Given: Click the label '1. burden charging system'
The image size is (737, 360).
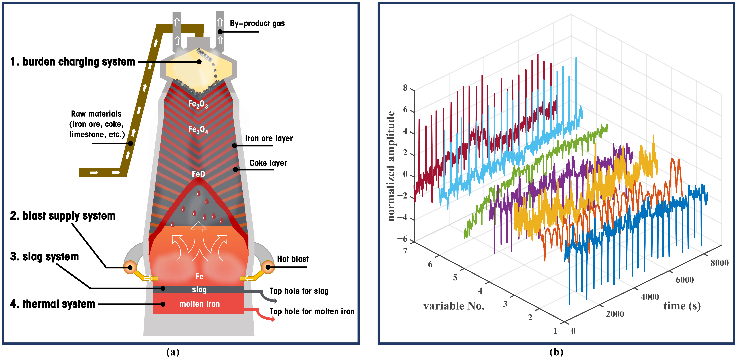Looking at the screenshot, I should point(73,62).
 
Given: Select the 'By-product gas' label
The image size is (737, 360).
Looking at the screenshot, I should point(257,24).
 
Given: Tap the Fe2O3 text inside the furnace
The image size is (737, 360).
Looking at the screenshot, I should point(198,104).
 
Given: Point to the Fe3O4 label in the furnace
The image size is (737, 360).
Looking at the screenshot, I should point(198,130).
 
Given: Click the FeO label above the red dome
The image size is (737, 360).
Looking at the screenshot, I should point(198,174).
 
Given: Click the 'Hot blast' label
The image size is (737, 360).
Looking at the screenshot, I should point(293,259).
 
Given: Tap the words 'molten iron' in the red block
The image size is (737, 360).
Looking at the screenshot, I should point(199,304).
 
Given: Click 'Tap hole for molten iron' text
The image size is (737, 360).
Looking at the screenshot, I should point(312,311).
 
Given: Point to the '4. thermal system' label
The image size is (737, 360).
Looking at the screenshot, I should point(53,304).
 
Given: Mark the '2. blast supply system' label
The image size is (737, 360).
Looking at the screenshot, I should point(63,216).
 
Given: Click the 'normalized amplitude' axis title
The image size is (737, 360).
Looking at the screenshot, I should point(391,166).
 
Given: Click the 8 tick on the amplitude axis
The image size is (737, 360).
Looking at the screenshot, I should point(405,88).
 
